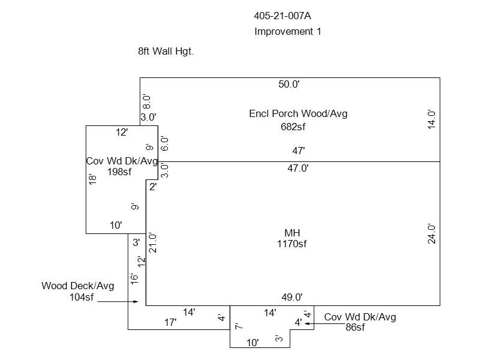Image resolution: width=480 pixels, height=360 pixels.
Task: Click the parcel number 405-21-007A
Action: (x=287, y=16)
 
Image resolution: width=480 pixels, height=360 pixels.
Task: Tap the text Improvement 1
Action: (x=287, y=31)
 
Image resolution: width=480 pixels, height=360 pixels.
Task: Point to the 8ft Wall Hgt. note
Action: (x=166, y=52)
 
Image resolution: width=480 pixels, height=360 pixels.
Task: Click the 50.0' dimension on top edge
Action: (x=289, y=85)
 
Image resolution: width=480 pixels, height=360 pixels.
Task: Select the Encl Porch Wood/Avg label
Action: (x=298, y=113)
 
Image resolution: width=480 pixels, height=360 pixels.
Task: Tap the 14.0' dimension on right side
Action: (x=431, y=119)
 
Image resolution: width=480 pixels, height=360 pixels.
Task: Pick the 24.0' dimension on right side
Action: (x=431, y=233)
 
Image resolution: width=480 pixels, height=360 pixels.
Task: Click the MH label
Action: (x=292, y=233)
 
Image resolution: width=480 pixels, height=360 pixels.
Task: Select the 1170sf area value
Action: (x=292, y=244)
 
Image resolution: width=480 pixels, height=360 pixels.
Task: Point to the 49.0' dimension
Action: (x=292, y=297)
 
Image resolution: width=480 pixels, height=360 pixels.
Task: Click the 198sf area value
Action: (x=120, y=172)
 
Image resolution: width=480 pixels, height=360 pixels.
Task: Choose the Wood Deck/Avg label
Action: (x=77, y=286)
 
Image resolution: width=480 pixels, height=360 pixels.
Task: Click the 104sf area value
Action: (x=82, y=297)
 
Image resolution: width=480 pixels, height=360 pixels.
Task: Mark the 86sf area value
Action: (x=355, y=328)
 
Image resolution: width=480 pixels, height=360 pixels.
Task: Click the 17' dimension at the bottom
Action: (x=170, y=323)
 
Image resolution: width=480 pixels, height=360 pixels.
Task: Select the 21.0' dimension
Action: (x=153, y=242)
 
